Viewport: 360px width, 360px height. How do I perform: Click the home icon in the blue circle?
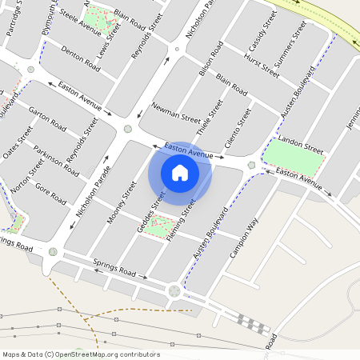click(x=180, y=173)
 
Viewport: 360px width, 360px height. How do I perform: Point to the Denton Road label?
click(x=81, y=61)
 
